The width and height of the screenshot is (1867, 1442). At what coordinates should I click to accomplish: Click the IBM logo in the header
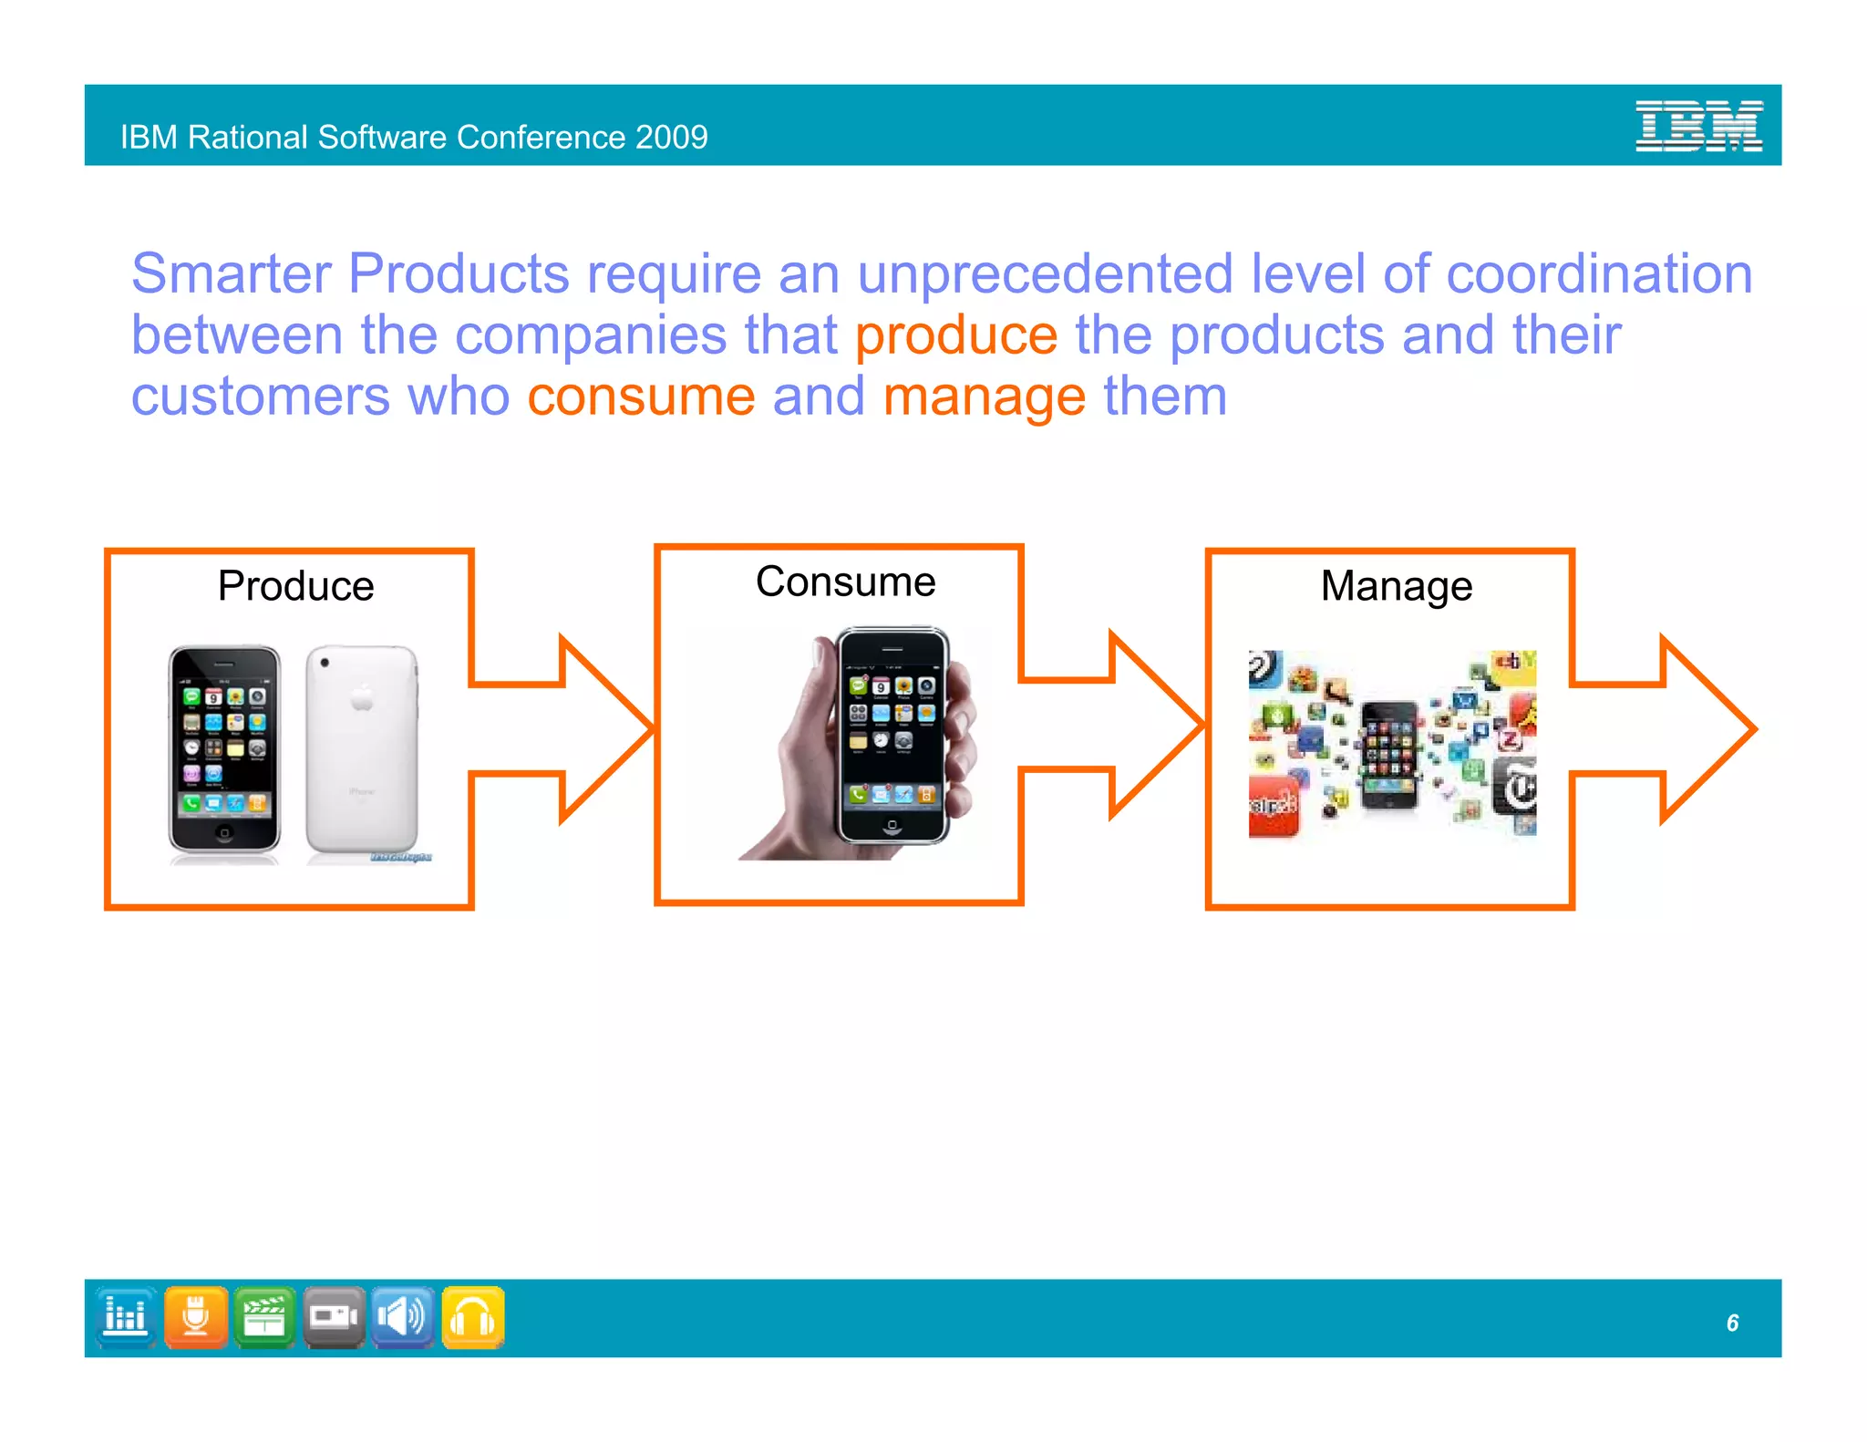(1697, 126)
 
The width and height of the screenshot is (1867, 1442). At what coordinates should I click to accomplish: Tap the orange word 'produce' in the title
(955, 335)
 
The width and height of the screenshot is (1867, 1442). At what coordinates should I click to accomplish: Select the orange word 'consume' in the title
(641, 397)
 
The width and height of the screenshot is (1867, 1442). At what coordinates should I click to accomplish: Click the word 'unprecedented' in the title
(1045, 273)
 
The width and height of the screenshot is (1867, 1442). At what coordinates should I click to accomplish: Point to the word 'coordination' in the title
(1599, 273)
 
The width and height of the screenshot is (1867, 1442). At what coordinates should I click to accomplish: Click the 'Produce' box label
(295, 585)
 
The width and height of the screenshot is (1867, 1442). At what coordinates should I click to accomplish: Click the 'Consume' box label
(845, 582)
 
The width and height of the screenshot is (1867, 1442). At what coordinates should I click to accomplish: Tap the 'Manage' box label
(1396, 586)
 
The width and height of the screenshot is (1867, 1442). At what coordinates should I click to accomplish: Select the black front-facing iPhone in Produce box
(224, 749)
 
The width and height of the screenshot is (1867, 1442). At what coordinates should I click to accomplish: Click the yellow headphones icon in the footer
(473, 1317)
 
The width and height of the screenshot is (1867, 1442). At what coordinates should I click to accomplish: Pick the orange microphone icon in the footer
(195, 1317)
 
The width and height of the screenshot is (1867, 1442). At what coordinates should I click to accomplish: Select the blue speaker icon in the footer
(402, 1317)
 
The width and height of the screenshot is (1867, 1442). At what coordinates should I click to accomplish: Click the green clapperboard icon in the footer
(264, 1317)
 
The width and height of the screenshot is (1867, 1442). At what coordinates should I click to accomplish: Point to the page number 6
(1732, 1323)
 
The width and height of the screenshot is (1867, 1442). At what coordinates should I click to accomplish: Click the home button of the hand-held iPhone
(892, 825)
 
